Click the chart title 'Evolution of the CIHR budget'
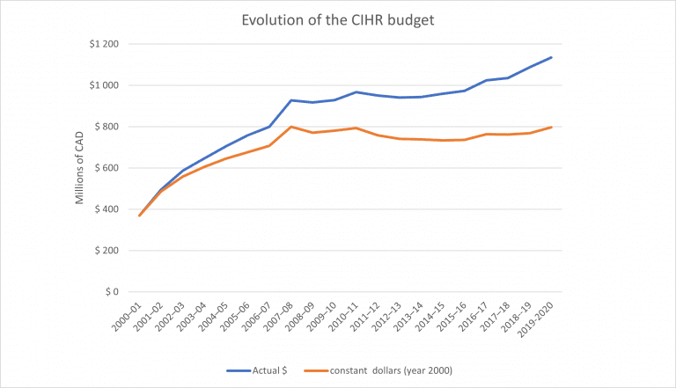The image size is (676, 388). click(x=338, y=20)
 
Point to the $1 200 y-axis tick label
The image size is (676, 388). click(x=112, y=44)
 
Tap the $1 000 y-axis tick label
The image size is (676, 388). click(x=112, y=85)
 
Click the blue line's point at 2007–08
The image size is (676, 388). click(x=290, y=100)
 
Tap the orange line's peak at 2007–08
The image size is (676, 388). click(x=290, y=127)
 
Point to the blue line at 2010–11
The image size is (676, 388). click(x=356, y=92)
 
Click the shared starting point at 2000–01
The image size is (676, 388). click(x=139, y=216)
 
